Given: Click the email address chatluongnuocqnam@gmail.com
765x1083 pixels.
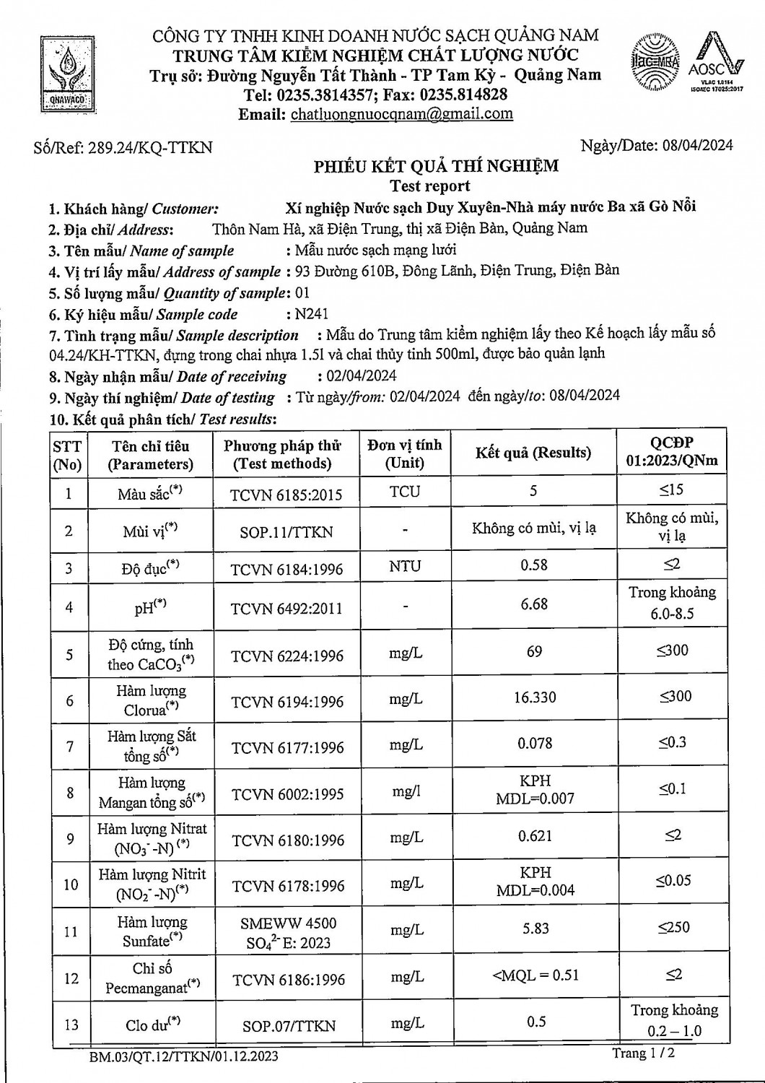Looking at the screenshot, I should click(x=401, y=114).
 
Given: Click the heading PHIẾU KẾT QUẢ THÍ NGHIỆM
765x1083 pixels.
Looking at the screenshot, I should click(x=436, y=167).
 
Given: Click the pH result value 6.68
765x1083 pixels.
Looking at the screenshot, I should click(x=534, y=604).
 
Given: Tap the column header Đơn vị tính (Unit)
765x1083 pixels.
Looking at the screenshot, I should click(x=404, y=454).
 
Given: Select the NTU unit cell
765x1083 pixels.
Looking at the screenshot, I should click(x=404, y=566).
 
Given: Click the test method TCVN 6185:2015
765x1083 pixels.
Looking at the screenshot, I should click(x=286, y=495).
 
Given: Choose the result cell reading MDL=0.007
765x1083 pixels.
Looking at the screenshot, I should click(x=535, y=799).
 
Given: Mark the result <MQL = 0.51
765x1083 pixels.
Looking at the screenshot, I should click(x=535, y=975).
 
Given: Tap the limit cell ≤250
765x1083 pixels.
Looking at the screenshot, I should click(x=673, y=927).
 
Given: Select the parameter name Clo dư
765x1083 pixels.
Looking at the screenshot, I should click(x=151, y=1024).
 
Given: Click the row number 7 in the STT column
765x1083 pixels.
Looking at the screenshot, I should click(x=69, y=746).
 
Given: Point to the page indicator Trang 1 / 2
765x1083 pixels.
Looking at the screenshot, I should click(x=644, y=1053).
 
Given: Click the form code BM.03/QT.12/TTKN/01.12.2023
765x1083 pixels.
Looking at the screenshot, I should click(x=184, y=1057).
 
